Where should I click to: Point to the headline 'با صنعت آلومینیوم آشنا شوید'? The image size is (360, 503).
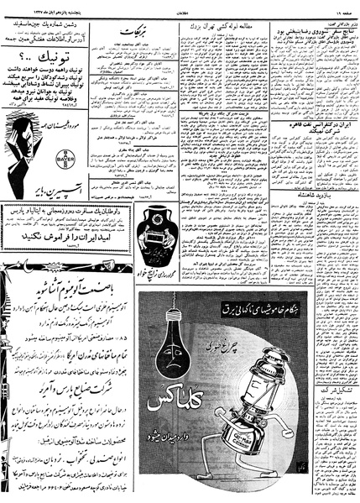click(x=63, y=273)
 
